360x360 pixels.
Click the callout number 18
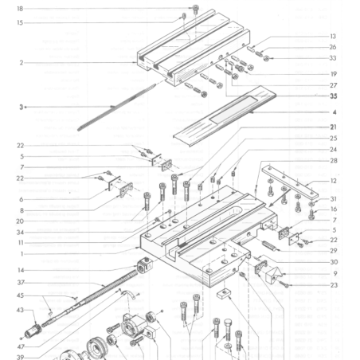(20, 8)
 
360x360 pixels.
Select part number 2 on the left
(21, 62)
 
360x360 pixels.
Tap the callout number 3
(21, 105)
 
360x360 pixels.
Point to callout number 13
(334, 37)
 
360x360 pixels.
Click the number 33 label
(334, 57)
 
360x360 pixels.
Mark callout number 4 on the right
(335, 112)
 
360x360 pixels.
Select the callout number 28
(334, 160)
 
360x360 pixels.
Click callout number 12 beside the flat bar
(334, 181)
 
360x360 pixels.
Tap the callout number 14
(21, 270)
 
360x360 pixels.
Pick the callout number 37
(21, 283)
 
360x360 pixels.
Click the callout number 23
(334, 284)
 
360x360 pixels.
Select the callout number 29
(334, 250)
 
